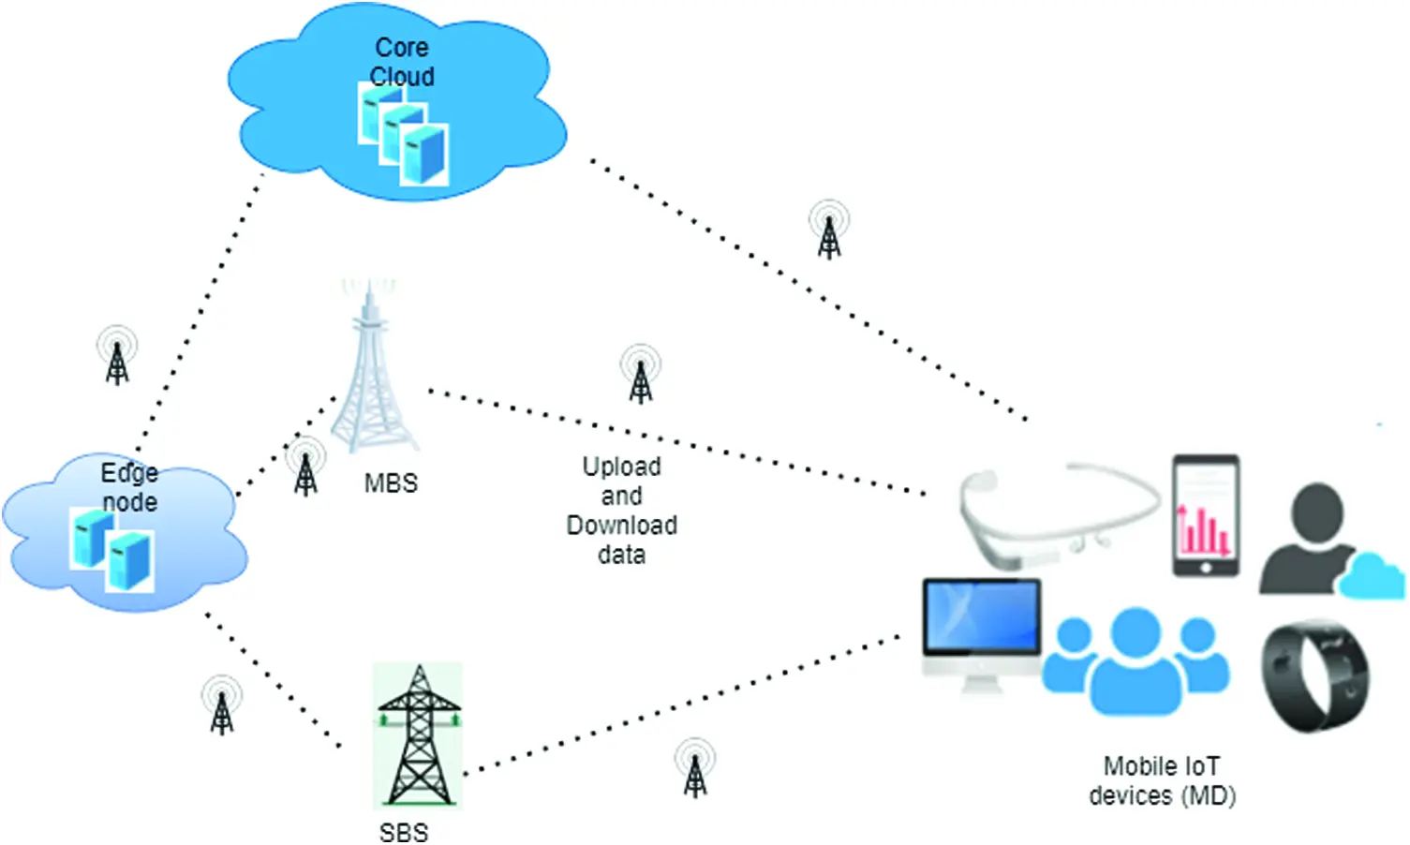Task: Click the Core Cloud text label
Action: [x=402, y=62]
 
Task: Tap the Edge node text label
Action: [x=129, y=487]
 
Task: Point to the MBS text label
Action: [x=391, y=483]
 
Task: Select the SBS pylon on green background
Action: [x=418, y=735]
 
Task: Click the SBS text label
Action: [x=404, y=832]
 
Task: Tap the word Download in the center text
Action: [x=621, y=526]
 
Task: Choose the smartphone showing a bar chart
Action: [x=1206, y=516]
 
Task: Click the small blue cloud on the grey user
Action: [x=1372, y=576]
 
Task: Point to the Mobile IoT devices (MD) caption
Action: [x=1162, y=780]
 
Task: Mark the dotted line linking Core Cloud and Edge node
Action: [x=200, y=309]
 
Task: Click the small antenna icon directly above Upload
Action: [x=641, y=374]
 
